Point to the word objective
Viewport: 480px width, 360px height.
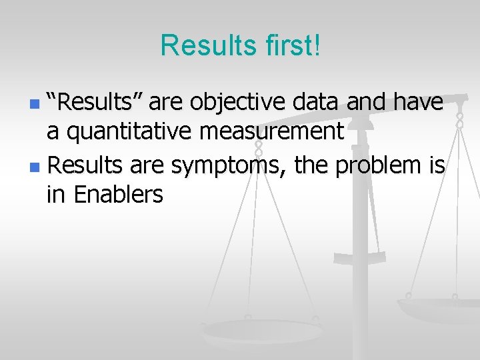pos(233,103)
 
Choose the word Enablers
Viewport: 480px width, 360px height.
pos(118,195)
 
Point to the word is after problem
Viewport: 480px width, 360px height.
pos(435,164)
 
